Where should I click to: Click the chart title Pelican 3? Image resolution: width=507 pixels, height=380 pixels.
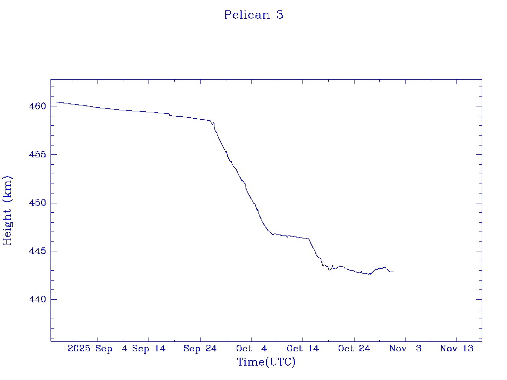pos(253,15)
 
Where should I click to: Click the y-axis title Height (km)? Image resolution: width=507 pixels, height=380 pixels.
pos(7,210)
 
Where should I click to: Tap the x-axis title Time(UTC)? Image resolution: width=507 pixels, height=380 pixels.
pos(266,362)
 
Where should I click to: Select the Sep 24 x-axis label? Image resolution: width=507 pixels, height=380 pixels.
pos(200,348)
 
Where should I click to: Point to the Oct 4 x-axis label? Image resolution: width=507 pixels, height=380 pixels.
pos(252,348)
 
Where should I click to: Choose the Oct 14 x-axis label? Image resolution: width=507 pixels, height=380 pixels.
pos(303,348)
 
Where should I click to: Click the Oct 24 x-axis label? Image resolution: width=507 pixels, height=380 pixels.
pos(354,348)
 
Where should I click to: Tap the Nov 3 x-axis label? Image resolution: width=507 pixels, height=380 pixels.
pos(405,348)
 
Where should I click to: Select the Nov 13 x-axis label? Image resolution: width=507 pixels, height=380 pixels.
pos(456,348)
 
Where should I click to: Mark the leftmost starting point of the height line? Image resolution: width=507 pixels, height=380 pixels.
pos(57,102)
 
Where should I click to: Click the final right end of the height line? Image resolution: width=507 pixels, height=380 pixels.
pos(393,272)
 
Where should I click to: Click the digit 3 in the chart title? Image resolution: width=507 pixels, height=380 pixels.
pos(280,15)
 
